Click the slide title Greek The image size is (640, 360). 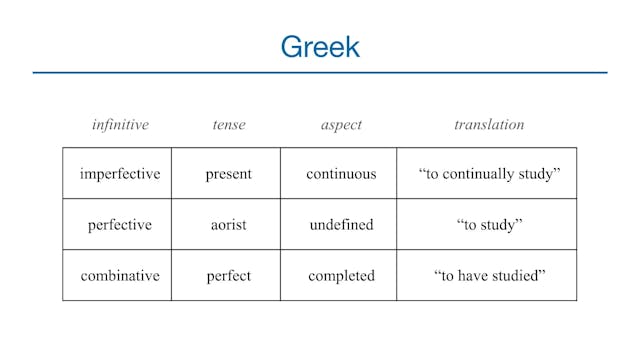click(320, 46)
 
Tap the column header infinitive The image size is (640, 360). click(120, 125)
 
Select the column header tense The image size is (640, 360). click(229, 125)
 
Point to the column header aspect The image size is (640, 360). click(341, 125)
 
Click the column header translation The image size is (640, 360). click(489, 125)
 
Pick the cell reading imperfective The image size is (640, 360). click(120, 174)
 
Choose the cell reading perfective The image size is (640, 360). click(120, 225)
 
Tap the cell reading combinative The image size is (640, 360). click(120, 276)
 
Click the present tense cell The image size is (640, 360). click(229, 174)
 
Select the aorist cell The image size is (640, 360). click(229, 225)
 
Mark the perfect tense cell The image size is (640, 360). click(229, 276)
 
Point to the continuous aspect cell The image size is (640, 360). click(341, 174)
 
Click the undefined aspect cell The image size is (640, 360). click(341, 225)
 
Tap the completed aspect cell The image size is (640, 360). click(341, 276)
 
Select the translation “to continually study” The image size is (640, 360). click(489, 174)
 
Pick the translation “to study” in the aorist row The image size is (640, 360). click(489, 225)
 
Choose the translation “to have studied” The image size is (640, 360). click(489, 276)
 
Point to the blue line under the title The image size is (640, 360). click(320, 72)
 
